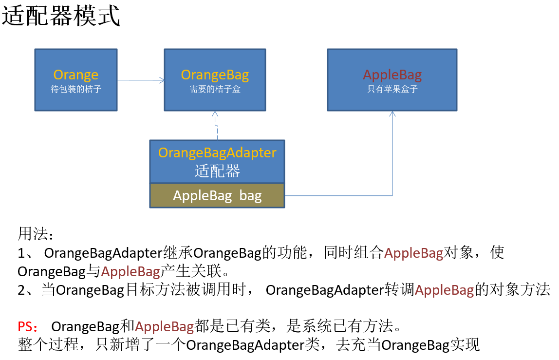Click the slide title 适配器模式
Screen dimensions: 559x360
[61, 16]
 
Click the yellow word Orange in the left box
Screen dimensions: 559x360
[75, 75]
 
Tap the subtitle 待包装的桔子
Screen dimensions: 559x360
[76, 89]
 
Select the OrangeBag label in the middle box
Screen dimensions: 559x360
[215, 75]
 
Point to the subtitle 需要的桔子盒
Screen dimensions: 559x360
[215, 89]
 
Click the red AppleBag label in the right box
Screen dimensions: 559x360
[392, 75]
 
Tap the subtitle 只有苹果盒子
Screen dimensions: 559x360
[392, 89]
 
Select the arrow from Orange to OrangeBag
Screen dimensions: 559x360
[141, 80]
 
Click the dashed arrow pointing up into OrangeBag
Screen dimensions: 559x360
[216, 126]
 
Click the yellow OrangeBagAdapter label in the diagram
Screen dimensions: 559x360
[217, 152]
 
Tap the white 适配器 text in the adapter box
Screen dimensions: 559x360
[217, 171]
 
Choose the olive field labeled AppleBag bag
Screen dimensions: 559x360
[217, 195]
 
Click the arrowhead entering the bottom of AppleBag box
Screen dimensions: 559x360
[392, 114]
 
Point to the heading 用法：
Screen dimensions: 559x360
[36, 234]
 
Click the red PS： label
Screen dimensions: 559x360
[28, 326]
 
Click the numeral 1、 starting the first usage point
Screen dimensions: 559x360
[26, 253]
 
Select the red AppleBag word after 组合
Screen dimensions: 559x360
[413, 253]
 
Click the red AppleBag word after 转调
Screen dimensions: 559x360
[444, 290]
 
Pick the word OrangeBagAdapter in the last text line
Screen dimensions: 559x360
[245, 345]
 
